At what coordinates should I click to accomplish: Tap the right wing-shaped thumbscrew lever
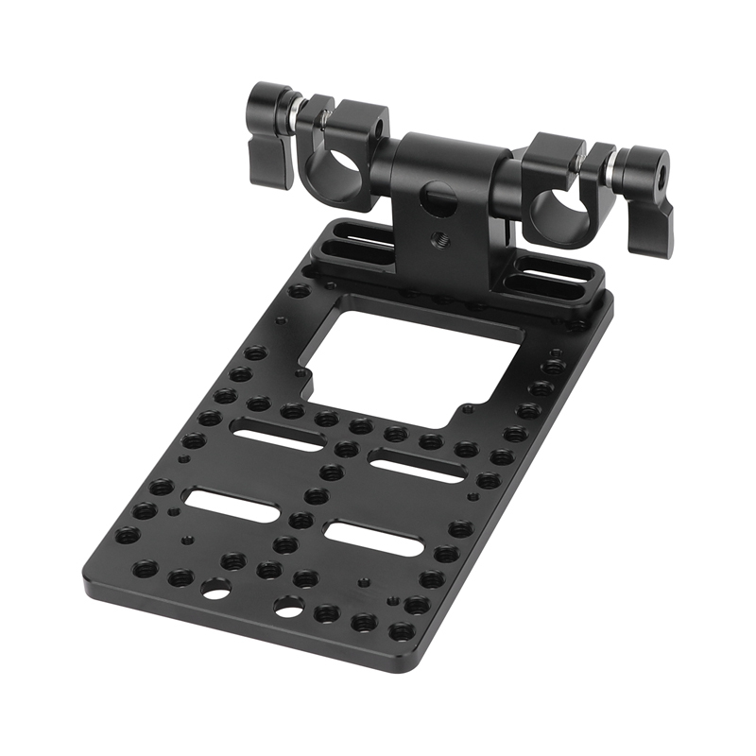(x=652, y=213)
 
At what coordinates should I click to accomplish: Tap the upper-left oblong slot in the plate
(x=279, y=438)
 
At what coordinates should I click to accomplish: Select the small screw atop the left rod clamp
(x=324, y=117)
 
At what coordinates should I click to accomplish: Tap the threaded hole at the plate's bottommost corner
(x=401, y=631)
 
